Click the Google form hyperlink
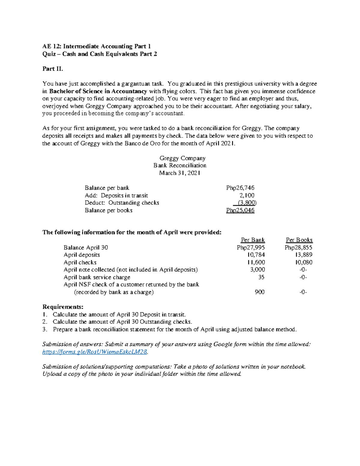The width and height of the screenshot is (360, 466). [95, 352]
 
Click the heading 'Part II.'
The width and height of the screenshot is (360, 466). [53, 69]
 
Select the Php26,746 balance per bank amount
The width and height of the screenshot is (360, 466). [240, 188]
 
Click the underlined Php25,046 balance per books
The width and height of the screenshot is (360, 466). [240, 210]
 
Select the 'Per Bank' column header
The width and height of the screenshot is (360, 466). [253, 240]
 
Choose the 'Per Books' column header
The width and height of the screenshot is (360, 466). [299, 240]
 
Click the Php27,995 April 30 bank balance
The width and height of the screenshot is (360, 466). [250, 248]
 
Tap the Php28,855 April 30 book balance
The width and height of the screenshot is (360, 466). [298, 248]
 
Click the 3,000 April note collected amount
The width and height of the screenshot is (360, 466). [257, 269]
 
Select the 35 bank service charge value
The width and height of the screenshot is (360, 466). [261, 277]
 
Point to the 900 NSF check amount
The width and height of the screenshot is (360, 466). [259, 292]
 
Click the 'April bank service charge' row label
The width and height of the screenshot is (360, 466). [97, 277]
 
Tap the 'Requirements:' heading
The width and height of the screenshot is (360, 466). [63, 307]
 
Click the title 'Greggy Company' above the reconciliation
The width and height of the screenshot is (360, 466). [182, 158]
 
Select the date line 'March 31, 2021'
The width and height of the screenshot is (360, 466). [180, 173]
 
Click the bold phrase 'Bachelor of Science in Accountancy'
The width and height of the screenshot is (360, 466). [98, 91]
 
